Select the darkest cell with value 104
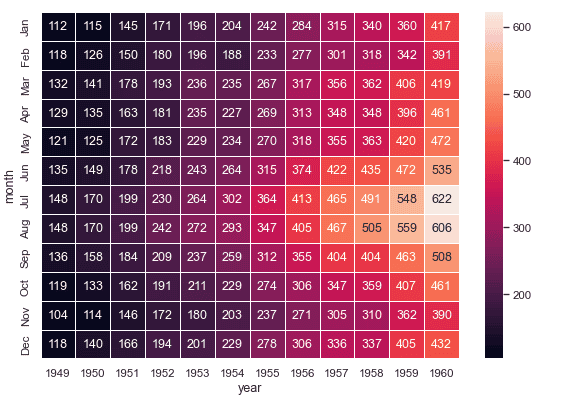pyautogui.click(x=59, y=313)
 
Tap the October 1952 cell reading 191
pyautogui.click(x=163, y=285)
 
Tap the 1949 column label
pyautogui.click(x=59, y=372)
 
